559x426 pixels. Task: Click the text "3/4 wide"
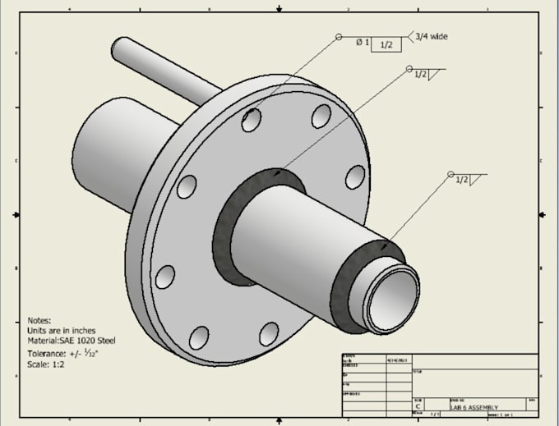coord(432,36)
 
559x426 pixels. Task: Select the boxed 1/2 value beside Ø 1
coord(386,44)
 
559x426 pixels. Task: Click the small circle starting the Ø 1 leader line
coord(338,37)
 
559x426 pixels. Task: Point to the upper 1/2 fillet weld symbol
coord(426,75)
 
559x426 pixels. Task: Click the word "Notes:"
coord(39,321)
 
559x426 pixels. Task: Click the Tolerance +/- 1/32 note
coord(62,353)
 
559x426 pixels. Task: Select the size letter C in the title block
coord(418,406)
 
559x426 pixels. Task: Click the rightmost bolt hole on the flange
coord(355,176)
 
